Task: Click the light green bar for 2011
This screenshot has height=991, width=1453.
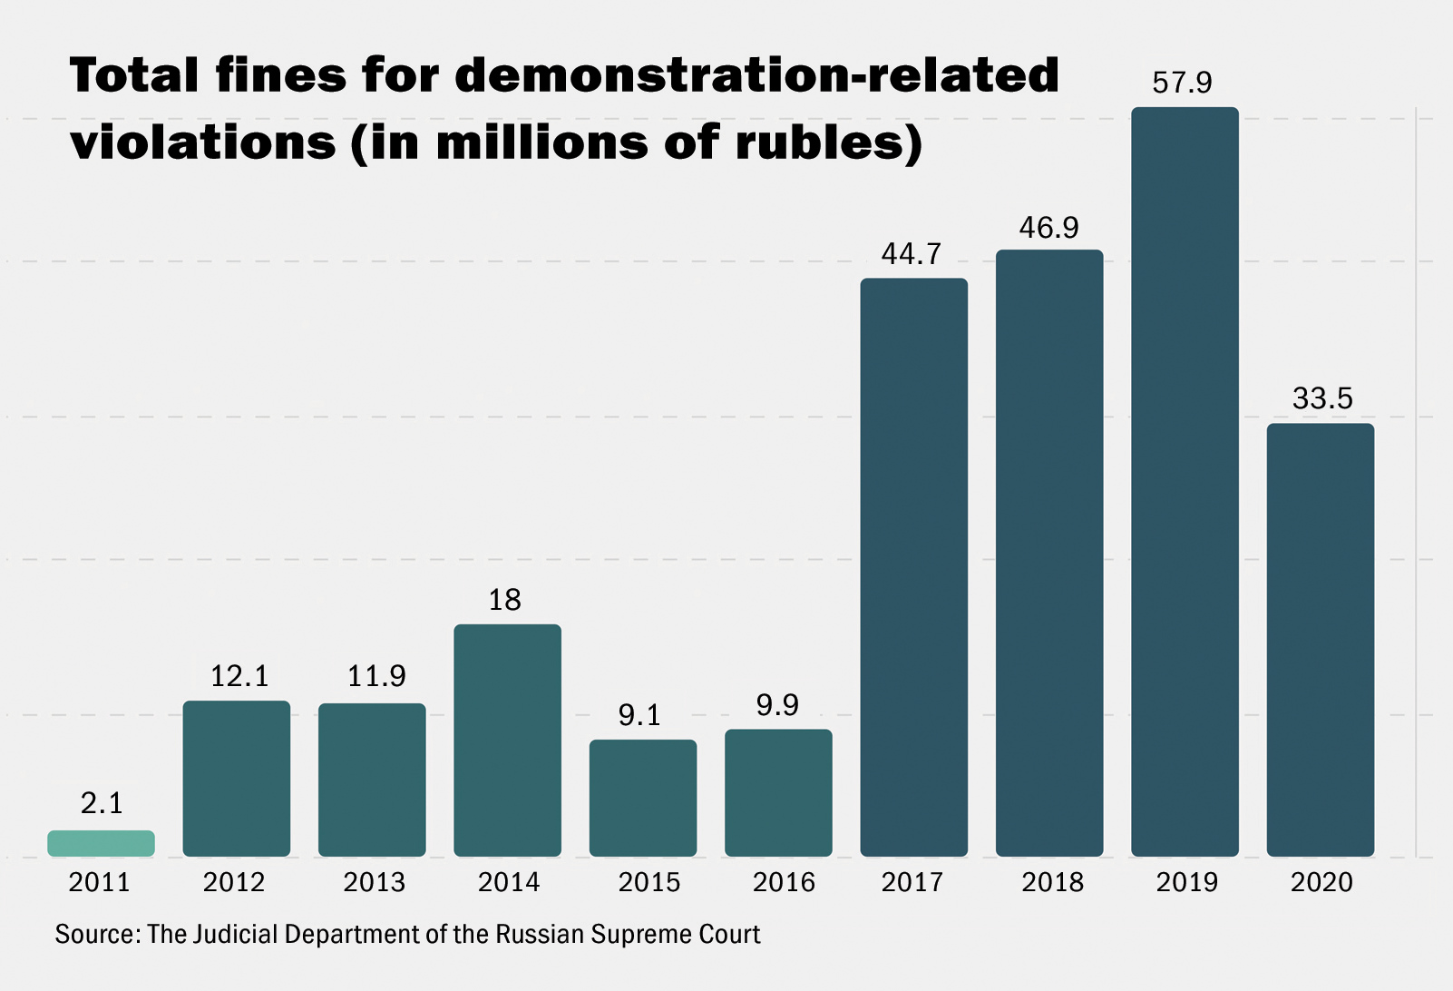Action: click(101, 843)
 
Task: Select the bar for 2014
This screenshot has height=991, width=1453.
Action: click(507, 740)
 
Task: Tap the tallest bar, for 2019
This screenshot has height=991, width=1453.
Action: click(1185, 481)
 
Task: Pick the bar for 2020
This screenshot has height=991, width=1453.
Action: click(1320, 640)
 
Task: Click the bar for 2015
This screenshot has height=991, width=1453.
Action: click(643, 798)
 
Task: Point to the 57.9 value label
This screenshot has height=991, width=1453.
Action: click(1182, 83)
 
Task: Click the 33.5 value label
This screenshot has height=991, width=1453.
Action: click(1321, 398)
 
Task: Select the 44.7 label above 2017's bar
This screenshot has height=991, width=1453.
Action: click(912, 254)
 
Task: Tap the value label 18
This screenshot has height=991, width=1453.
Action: click(505, 600)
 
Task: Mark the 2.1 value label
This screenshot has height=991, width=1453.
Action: click(102, 803)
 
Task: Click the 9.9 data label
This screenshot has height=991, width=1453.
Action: click(777, 705)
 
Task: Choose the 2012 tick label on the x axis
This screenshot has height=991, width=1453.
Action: click(234, 882)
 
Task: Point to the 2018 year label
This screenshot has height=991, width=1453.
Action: click(1052, 882)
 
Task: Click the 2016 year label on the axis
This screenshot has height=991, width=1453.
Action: click(784, 882)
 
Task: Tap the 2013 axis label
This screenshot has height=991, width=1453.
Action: click(374, 882)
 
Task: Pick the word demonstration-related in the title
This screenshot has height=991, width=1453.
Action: click(756, 74)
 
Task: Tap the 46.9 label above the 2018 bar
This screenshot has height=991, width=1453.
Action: click(1048, 228)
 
